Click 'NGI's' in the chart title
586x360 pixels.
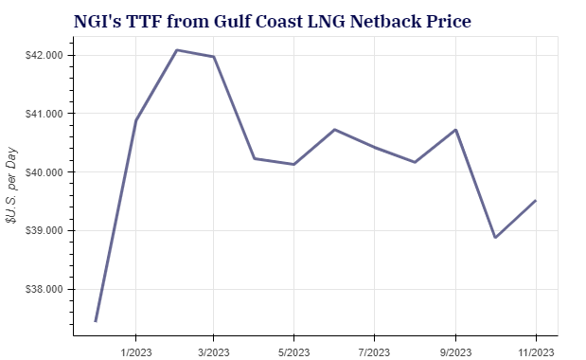(x=98, y=20)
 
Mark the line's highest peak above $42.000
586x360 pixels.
(x=177, y=50)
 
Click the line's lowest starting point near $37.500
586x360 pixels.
(x=96, y=321)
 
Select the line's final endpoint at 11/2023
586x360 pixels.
(x=537, y=200)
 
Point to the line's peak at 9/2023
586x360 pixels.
(x=456, y=130)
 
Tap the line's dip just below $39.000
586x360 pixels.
(x=496, y=238)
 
